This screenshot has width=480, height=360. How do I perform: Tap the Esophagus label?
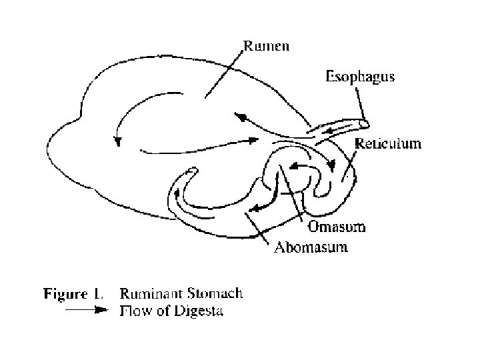359,77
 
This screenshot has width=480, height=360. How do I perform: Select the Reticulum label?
388,143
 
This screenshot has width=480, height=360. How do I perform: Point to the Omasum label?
337,227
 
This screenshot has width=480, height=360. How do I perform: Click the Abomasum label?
313,248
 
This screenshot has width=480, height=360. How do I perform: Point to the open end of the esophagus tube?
364,123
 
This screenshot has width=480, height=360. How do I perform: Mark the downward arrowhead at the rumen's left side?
118,141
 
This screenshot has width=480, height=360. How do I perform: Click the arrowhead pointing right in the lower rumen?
254,141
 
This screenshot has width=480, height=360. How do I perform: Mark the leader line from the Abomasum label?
262,229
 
